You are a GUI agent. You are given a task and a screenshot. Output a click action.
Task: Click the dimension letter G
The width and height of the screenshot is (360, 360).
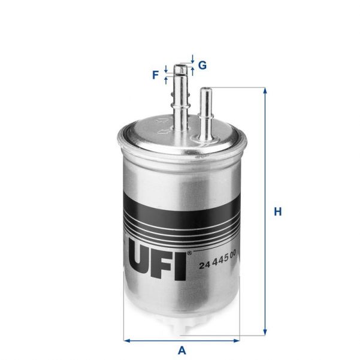(202, 65)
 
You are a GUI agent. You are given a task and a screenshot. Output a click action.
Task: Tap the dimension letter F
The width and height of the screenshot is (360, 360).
(156, 75)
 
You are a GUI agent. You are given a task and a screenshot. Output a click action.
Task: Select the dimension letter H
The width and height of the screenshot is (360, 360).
(277, 211)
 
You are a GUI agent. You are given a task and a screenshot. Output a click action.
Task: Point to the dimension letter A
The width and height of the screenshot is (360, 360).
(181, 351)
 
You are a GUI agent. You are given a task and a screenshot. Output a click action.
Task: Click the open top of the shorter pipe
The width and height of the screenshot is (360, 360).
(205, 90)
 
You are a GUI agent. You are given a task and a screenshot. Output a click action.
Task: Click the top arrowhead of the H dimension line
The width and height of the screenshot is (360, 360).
(264, 90)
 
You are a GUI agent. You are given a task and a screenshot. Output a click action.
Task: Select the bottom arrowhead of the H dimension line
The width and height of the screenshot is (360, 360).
(264, 332)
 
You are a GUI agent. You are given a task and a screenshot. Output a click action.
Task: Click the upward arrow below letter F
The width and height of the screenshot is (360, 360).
(165, 80)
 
